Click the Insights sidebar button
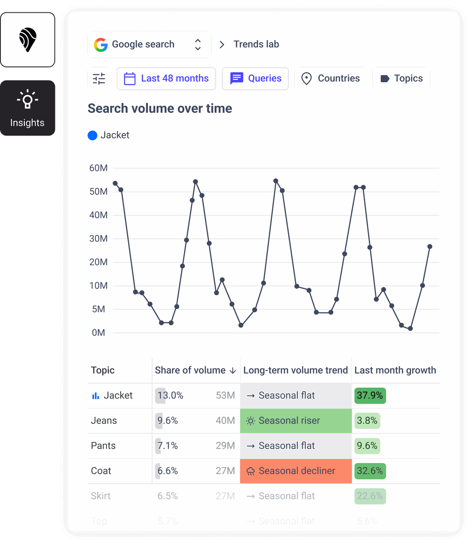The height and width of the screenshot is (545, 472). (x=28, y=108)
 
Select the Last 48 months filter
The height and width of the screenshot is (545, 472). (x=166, y=78)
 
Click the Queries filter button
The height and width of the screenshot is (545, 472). (x=255, y=78)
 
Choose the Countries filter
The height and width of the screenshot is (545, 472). (x=330, y=78)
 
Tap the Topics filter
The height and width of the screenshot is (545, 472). (x=401, y=78)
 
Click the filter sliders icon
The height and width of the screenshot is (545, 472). (x=99, y=79)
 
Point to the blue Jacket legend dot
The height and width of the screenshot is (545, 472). (x=93, y=136)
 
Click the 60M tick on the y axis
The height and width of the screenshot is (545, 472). (x=99, y=168)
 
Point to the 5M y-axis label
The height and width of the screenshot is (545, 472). (x=99, y=309)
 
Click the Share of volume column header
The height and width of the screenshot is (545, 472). (x=195, y=370)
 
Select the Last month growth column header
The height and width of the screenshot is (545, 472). (x=395, y=370)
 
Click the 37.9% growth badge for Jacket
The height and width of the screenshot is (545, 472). (x=370, y=396)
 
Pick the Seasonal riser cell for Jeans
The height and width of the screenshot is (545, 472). (x=295, y=421)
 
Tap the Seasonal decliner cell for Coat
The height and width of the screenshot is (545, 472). (x=295, y=471)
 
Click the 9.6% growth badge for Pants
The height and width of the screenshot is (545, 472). (x=367, y=446)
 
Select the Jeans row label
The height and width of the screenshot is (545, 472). (x=104, y=421)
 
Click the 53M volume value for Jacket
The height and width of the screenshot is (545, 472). (x=225, y=396)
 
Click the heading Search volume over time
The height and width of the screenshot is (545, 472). (x=160, y=108)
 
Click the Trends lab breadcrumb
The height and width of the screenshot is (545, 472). (x=256, y=45)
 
